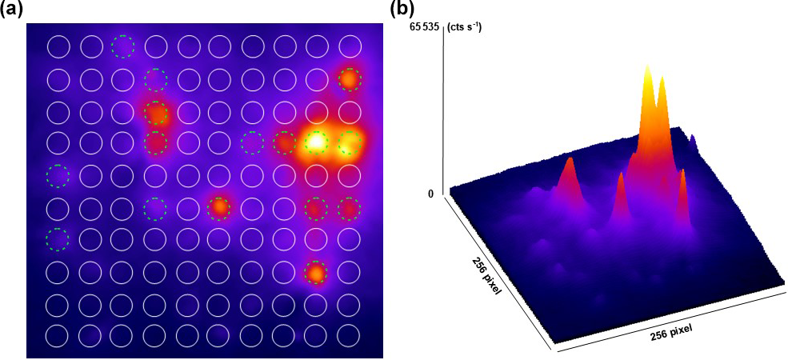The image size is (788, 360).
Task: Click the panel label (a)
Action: (x=15, y=10)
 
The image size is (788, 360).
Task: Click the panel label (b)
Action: (x=402, y=10)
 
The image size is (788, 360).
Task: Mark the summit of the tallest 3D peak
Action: (x=646, y=70)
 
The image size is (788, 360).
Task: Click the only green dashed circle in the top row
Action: (x=122, y=47)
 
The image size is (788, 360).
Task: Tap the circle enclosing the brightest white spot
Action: (x=317, y=142)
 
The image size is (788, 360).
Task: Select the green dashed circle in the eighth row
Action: (x=317, y=272)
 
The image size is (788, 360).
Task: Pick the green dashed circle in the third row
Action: (x=155, y=112)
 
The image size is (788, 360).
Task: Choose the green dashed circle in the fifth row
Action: (x=58, y=175)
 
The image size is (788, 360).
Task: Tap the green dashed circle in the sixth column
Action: (x=219, y=207)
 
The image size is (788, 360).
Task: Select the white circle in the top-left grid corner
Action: (x=58, y=47)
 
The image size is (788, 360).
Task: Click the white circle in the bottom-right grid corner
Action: (x=349, y=335)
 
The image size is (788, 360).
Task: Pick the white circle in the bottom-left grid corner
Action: (x=58, y=335)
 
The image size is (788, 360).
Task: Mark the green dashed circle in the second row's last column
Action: (x=349, y=79)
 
